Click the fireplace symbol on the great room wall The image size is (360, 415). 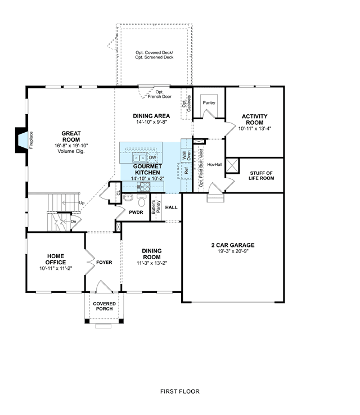click(x=22, y=140)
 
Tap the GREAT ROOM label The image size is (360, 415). click(x=71, y=137)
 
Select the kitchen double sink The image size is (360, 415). click(x=139, y=158)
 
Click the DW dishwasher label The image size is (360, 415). click(x=152, y=158)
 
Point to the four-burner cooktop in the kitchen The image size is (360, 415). click(x=143, y=187)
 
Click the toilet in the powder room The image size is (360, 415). click(x=142, y=201)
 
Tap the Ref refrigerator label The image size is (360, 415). click(x=186, y=171)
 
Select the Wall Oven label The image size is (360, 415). click(x=187, y=156)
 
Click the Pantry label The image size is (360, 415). click(x=209, y=103)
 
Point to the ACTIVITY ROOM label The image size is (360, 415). click(x=255, y=119)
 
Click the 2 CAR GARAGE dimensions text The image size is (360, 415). click(x=233, y=251)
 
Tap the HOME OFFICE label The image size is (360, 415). click(x=56, y=259)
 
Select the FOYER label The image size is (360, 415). click(x=104, y=262)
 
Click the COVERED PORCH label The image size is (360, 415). click(x=104, y=306)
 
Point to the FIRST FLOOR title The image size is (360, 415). click(x=180, y=391)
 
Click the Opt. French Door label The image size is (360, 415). click(x=160, y=94)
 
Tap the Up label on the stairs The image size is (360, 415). click(x=82, y=203)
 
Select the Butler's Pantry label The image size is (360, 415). click(x=156, y=207)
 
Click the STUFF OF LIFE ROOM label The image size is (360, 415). click(x=261, y=176)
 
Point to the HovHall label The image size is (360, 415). click(x=215, y=165)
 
